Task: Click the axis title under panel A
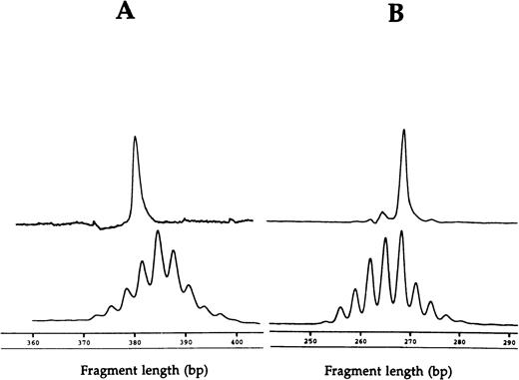click(x=135, y=368)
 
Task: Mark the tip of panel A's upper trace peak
click(x=135, y=138)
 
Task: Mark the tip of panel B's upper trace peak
click(x=403, y=130)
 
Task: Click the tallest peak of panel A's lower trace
click(x=158, y=232)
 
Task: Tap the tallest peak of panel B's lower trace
click(x=401, y=231)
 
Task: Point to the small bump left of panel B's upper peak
click(x=382, y=211)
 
